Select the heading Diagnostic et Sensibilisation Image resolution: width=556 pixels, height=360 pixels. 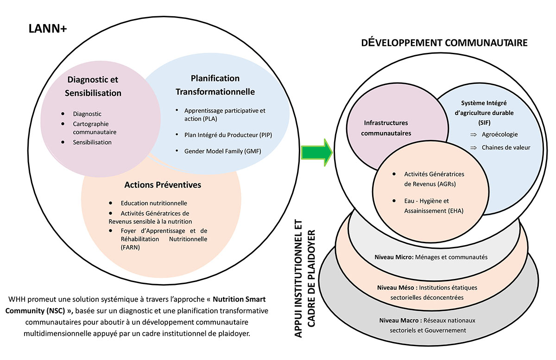[x=94, y=86]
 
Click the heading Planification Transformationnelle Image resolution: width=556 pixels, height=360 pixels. [x=215, y=85]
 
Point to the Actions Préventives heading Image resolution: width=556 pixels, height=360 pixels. [x=163, y=185]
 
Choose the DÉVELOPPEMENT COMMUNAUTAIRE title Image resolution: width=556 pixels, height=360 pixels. [x=445, y=44]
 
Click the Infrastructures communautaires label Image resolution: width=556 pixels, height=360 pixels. [x=386, y=128]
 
